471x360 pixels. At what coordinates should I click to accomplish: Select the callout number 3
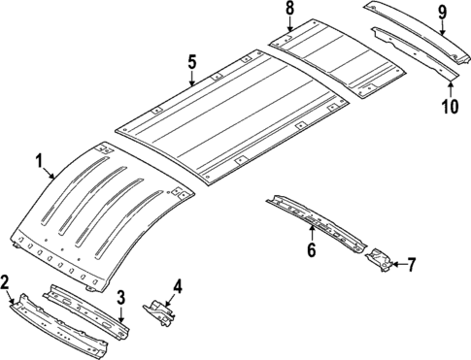click(x=121, y=296)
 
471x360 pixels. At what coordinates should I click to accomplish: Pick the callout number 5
click(x=192, y=62)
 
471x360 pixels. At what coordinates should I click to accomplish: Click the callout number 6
click(x=312, y=249)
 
